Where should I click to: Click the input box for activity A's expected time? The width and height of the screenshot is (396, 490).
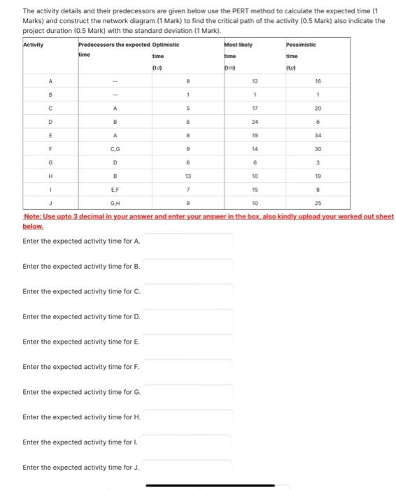click(188, 241)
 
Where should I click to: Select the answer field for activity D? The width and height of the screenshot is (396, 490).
click(188, 317)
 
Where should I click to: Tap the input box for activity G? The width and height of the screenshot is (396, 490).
click(188, 392)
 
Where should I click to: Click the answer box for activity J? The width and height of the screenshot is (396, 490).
click(188, 468)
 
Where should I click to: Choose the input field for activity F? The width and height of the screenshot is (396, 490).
click(188, 367)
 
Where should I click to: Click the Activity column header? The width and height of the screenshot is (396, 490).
click(34, 45)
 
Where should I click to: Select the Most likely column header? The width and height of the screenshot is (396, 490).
click(238, 45)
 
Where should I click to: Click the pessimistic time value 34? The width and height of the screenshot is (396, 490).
click(317, 134)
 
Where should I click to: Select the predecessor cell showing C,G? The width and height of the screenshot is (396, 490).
click(114, 148)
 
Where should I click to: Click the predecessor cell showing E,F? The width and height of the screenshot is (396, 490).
click(114, 189)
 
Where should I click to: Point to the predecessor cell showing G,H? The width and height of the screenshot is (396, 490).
click(114, 203)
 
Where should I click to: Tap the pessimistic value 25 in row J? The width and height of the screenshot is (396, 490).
click(317, 203)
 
